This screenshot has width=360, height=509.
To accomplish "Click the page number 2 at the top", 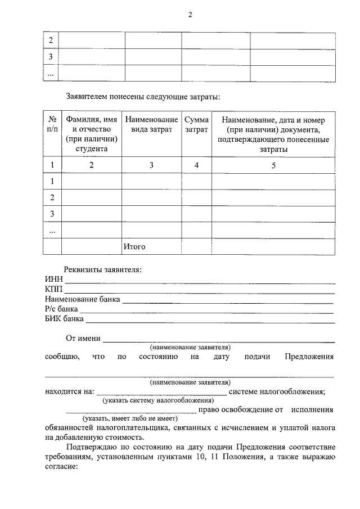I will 190,15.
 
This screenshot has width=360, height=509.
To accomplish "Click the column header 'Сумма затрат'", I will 196,125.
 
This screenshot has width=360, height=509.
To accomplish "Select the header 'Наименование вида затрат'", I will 151,125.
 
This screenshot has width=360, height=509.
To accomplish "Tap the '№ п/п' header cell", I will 52,125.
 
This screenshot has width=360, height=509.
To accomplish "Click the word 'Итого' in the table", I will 134,246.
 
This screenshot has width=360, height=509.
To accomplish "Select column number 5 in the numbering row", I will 273,165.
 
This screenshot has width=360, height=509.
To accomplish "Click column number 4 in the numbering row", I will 196,165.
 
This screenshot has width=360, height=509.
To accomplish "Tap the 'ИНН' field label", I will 54,280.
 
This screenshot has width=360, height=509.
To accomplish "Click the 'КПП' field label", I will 55,289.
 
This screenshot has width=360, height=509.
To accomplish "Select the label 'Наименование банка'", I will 83,299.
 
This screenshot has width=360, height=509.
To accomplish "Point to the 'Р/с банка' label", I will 61,309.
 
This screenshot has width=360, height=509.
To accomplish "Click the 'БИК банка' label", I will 64,319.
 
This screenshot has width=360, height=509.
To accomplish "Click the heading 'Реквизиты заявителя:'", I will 102,269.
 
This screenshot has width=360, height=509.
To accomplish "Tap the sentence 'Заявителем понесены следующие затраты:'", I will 143,97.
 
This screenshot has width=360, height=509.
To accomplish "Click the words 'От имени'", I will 83,339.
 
